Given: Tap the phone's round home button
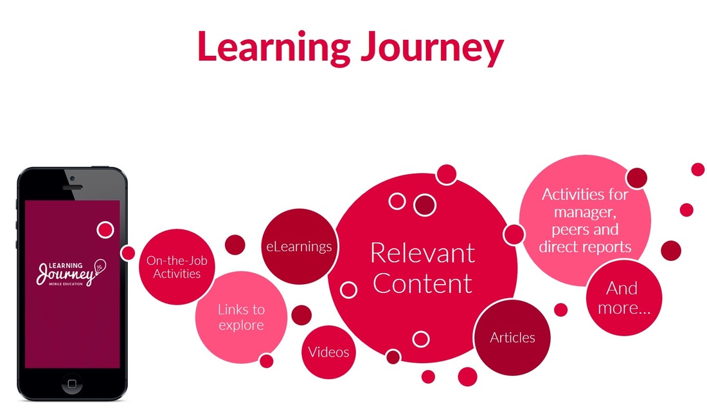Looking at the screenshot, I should click(x=72, y=384).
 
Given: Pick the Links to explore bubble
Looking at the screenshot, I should click(x=241, y=317).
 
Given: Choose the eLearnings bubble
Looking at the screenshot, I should click(x=300, y=246).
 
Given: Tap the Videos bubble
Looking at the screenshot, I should click(x=328, y=352).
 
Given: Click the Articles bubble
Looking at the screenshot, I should click(x=512, y=337).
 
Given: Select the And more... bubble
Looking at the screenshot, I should click(x=624, y=298).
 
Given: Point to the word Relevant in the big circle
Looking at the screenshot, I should click(x=422, y=253).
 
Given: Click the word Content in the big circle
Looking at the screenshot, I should click(x=422, y=283).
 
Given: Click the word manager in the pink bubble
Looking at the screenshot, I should click(x=586, y=211).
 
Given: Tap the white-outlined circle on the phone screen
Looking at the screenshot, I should click(x=105, y=229).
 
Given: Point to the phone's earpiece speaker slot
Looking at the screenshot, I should click(x=72, y=188).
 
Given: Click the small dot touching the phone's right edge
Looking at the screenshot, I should click(x=128, y=253).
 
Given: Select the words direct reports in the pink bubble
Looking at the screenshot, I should click(x=585, y=246).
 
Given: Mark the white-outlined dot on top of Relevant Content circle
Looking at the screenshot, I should click(x=446, y=174).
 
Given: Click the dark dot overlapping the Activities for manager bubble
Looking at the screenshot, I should click(x=636, y=178).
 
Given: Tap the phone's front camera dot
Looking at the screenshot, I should click(x=72, y=178).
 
